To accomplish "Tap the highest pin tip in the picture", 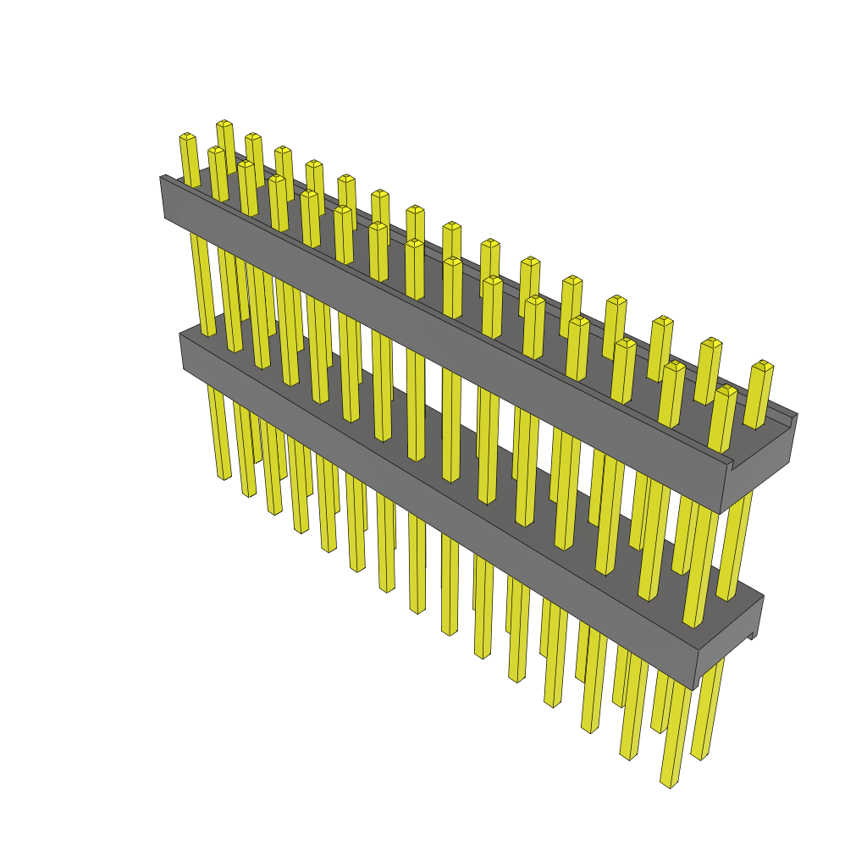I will click(x=224, y=124).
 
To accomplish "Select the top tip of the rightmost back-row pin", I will click(x=764, y=365).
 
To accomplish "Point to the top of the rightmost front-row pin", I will click(x=726, y=390).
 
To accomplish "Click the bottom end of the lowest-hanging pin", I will click(x=669, y=783).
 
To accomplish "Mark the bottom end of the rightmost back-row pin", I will click(x=699, y=754).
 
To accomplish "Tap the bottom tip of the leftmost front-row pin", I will click(x=224, y=476).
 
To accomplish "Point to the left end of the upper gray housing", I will click(x=163, y=196).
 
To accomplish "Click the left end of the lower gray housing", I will click(x=183, y=351).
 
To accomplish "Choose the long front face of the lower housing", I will click(x=440, y=508).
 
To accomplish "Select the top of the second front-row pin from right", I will click(x=675, y=366).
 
